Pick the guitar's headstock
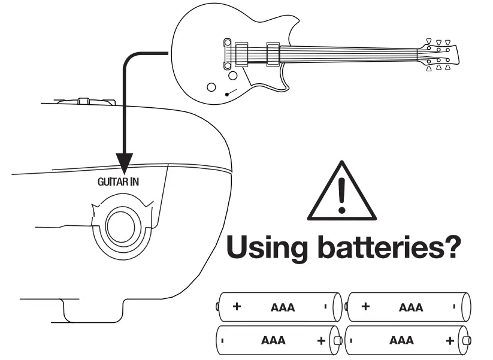[x=440, y=55]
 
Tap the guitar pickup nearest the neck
[x=273, y=54]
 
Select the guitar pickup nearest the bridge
[x=242, y=54]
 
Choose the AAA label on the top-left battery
[x=283, y=308]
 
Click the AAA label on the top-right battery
[x=411, y=308]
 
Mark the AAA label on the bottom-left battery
[x=273, y=341]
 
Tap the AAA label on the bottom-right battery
[x=401, y=341]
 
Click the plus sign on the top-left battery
[x=237, y=307]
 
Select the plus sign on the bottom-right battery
[x=449, y=341]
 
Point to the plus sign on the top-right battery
[x=365, y=307]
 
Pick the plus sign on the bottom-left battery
[x=321, y=341]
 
